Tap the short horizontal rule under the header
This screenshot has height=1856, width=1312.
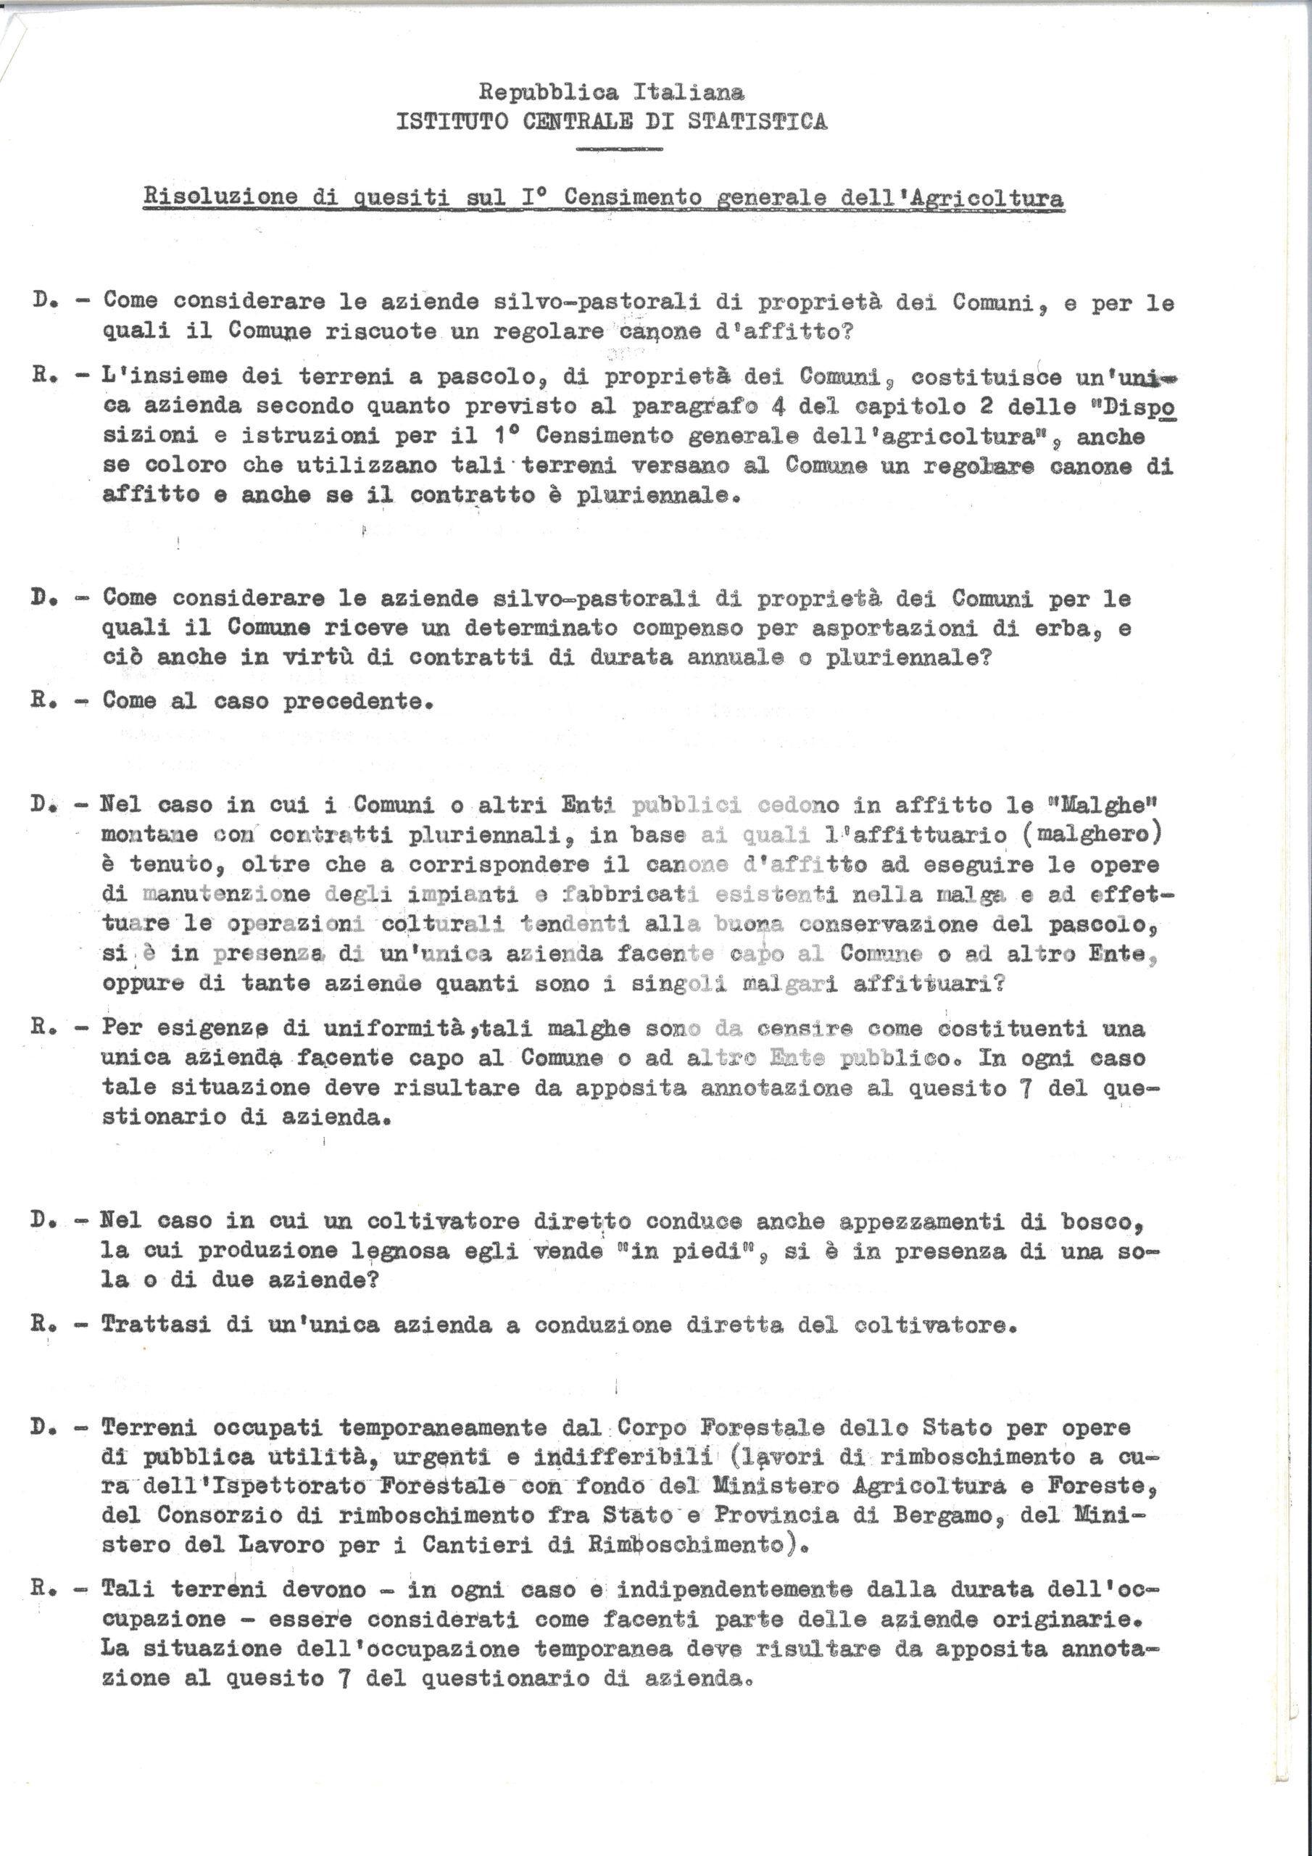click(618, 149)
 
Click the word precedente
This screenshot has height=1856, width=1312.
click(357, 700)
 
